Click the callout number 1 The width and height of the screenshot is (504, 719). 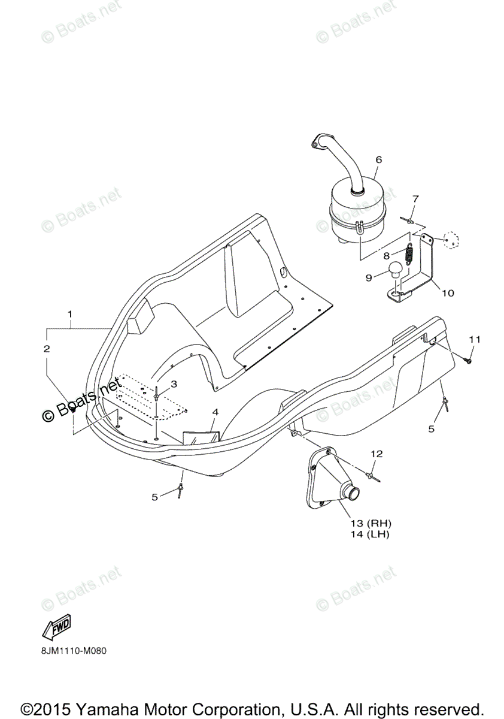[70, 314]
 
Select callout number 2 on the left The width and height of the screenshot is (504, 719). [46, 348]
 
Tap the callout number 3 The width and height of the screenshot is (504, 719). [174, 383]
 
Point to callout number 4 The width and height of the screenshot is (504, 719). [215, 412]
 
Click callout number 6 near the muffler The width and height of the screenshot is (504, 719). [378, 160]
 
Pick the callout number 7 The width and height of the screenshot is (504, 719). [415, 199]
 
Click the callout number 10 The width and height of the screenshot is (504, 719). [448, 294]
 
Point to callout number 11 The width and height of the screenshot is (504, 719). [474, 340]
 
